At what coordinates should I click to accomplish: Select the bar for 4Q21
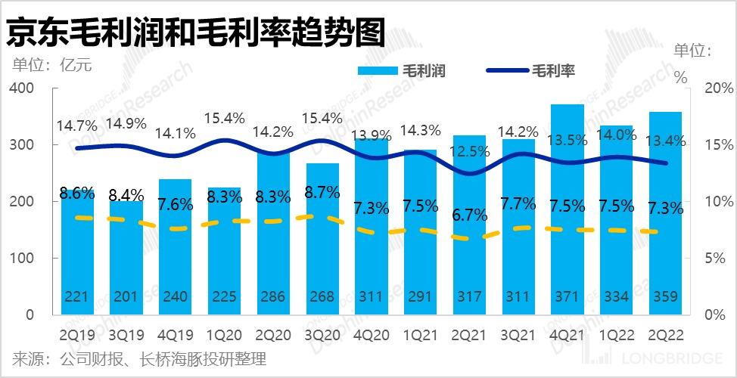[568, 212]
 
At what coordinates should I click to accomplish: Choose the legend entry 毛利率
[530, 71]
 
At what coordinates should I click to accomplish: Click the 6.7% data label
[469, 215]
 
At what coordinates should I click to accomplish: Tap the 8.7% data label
[322, 192]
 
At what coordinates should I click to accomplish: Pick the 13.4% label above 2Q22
[666, 140]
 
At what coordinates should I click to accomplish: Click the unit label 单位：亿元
[51, 64]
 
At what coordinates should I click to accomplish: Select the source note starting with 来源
[139, 358]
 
